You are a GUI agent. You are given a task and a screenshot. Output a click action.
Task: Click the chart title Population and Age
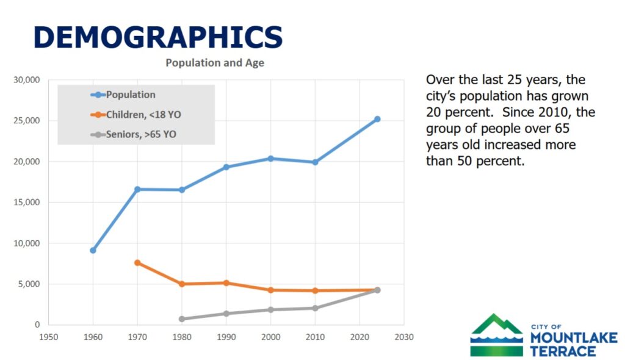click(x=215, y=63)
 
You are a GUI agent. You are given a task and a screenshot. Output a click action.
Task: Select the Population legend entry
click(x=130, y=95)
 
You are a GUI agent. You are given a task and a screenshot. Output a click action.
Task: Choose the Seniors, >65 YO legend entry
click(x=140, y=134)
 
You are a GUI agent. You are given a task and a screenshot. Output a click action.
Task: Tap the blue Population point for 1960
click(x=93, y=250)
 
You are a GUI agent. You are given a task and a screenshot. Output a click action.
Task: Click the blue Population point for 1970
click(x=137, y=189)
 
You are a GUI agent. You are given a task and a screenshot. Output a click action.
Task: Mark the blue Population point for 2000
click(x=271, y=159)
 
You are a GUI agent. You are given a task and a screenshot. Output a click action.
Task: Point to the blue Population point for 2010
click(x=316, y=162)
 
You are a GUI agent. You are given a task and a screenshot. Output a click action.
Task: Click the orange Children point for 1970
click(x=137, y=262)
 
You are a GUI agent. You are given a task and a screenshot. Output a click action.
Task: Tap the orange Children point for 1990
click(x=226, y=283)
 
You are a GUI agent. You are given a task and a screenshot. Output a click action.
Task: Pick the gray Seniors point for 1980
click(x=182, y=319)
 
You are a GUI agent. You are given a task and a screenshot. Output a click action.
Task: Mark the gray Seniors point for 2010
click(x=316, y=308)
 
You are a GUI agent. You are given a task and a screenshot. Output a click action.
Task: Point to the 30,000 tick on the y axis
click(x=27, y=80)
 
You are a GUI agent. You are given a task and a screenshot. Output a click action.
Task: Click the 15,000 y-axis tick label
click(x=27, y=203)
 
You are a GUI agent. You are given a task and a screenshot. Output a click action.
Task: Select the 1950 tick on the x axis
click(x=48, y=336)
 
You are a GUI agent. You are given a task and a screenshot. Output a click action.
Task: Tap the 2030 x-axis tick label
click(x=404, y=336)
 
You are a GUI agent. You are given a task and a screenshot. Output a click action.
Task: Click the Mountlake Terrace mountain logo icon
click(x=496, y=335)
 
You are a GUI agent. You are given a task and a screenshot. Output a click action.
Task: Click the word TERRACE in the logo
click(x=563, y=351)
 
